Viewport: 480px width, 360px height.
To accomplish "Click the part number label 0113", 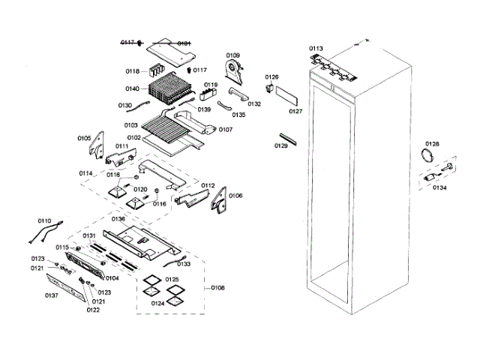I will click(316, 48).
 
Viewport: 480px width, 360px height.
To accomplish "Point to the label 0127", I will click(295, 111).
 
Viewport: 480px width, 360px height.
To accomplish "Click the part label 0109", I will click(233, 55).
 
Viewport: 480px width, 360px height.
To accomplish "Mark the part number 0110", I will click(44, 220).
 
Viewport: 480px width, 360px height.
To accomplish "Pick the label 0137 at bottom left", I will click(51, 295).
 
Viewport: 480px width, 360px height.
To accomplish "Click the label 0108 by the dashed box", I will click(217, 287).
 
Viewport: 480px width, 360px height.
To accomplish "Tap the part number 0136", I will click(118, 219).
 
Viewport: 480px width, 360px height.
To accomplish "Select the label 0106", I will click(235, 196).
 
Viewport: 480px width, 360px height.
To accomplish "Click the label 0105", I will click(83, 138).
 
